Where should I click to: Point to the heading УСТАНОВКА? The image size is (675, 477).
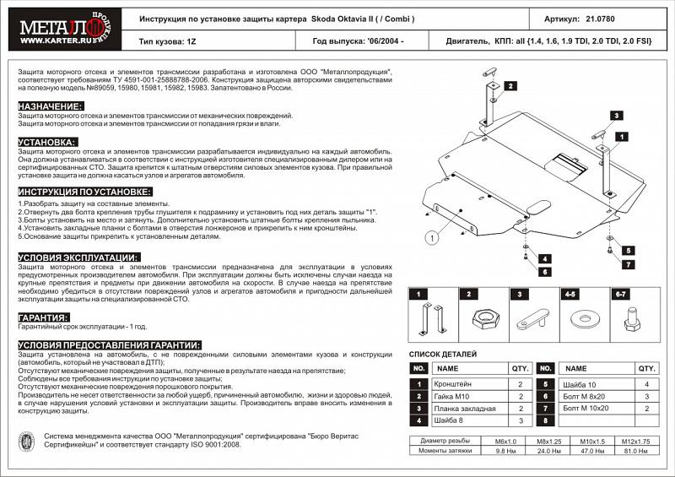tap(47, 142)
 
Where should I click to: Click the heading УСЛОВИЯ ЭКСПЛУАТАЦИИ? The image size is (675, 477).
tap(78, 257)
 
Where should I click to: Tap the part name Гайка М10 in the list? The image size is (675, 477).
tap(453, 396)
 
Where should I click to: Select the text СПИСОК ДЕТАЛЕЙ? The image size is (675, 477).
tap(443, 354)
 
